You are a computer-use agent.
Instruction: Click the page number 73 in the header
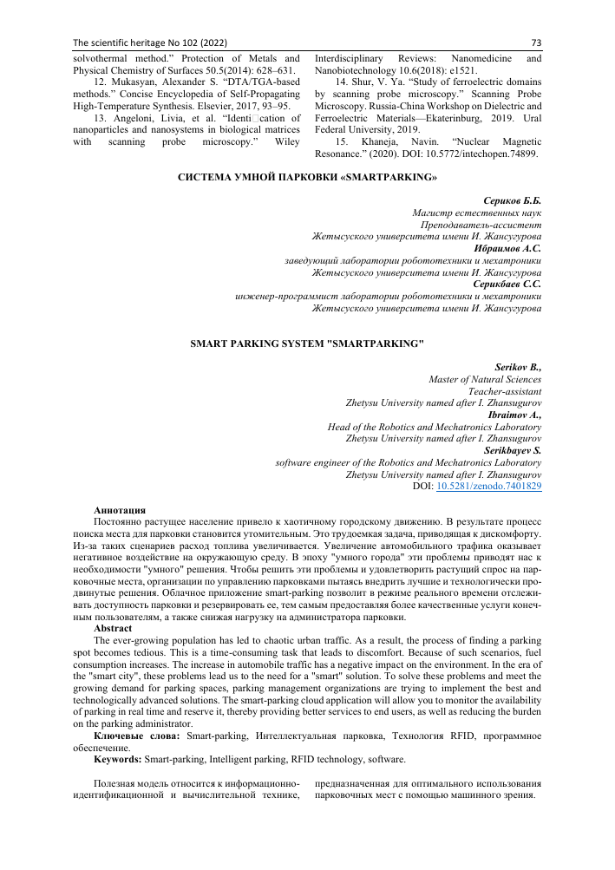(535, 42)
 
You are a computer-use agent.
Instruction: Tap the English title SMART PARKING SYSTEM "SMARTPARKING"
(307, 343)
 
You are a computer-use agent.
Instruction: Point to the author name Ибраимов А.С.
(509, 247)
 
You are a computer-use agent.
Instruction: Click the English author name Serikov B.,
(517, 367)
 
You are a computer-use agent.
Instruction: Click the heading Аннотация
(119, 509)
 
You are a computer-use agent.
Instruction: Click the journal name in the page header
(140, 42)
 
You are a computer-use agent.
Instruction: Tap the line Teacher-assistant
(504, 391)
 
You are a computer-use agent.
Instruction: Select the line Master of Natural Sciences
(485, 379)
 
